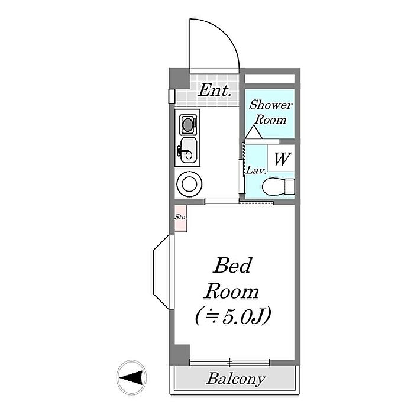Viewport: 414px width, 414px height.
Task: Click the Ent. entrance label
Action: pyautogui.click(x=214, y=90)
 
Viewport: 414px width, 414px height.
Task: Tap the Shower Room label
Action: pyautogui.click(x=270, y=111)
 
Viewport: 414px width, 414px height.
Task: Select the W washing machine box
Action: pyautogui.click(x=282, y=158)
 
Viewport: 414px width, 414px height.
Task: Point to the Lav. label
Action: pyautogui.click(x=255, y=170)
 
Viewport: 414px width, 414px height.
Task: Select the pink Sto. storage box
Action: pyautogui.click(x=180, y=218)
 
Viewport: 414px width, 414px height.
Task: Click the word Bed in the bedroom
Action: pyautogui.click(x=232, y=266)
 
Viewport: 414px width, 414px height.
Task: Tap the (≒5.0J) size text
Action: pyautogui.click(x=232, y=317)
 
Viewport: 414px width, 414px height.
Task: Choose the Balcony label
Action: pyautogui.click(x=236, y=379)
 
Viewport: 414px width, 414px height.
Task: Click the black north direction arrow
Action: pyautogui.click(x=131, y=376)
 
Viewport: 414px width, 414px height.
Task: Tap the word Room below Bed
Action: pyautogui.click(x=232, y=291)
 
